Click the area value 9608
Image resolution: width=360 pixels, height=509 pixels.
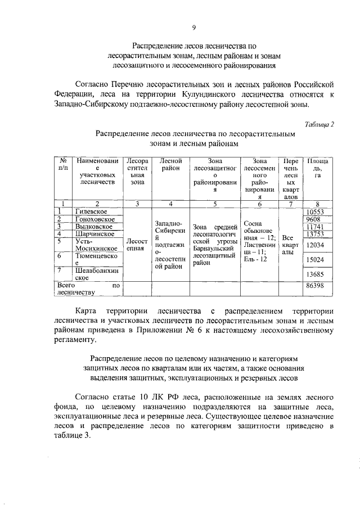click(x=314, y=219)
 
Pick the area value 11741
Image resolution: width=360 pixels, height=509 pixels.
click(x=316, y=226)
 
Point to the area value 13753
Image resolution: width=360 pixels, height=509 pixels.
click(x=316, y=234)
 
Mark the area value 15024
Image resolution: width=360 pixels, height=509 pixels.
click(x=316, y=260)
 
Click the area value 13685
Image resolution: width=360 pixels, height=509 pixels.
click(x=316, y=274)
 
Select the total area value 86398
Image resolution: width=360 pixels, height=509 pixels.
click(x=316, y=286)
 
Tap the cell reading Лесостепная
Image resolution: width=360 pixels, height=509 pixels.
click(x=137, y=244)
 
